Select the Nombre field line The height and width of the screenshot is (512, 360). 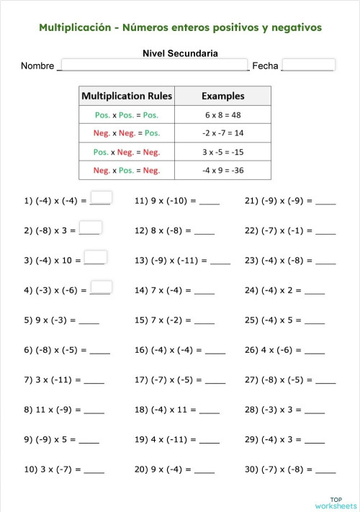click(153, 66)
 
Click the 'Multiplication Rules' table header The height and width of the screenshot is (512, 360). click(127, 96)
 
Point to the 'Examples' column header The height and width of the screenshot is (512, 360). click(222, 96)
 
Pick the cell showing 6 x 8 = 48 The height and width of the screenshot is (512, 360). click(222, 114)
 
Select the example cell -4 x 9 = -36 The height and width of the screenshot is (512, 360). click(222, 171)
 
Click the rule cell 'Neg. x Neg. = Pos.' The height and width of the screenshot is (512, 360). click(127, 133)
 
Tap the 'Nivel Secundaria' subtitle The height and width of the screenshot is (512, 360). click(180, 53)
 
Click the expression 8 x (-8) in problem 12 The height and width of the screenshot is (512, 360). click(171, 231)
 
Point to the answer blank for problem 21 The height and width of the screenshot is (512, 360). click(325, 202)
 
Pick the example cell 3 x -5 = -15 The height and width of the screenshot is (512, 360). click(222, 152)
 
